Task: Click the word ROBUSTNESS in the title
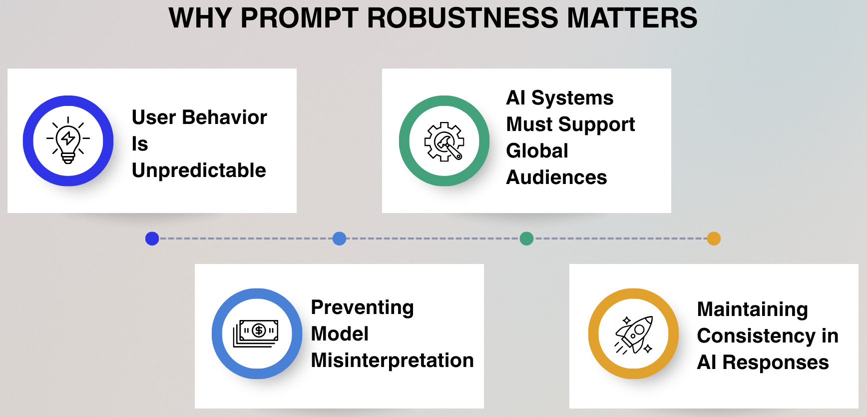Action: (x=462, y=18)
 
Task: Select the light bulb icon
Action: (x=68, y=140)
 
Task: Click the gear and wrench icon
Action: (x=444, y=141)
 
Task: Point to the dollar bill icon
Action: (x=256, y=333)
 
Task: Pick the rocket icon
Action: (x=633, y=334)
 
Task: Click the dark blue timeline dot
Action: (x=152, y=238)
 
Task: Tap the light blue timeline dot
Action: (x=339, y=238)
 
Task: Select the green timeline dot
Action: (x=526, y=238)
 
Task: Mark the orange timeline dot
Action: (x=714, y=238)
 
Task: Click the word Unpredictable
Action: (x=199, y=170)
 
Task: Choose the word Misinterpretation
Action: (x=392, y=360)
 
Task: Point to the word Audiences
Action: (x=556, y=177)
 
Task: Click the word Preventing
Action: (x=362, y=307)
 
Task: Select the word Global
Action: (x=537, y=151)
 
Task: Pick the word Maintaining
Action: (x=752, y=309)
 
